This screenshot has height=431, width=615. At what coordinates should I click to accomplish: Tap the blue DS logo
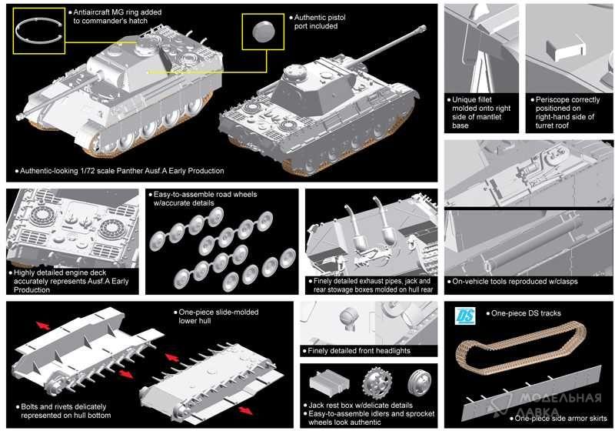coord(464,315)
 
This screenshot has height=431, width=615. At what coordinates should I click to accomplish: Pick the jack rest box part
coord(330,383)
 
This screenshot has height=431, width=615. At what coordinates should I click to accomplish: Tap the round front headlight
coord(348,317)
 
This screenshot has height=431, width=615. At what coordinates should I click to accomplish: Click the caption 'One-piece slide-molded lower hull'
coord(218,316)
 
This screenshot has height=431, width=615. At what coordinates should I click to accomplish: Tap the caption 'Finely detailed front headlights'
coord(357,351)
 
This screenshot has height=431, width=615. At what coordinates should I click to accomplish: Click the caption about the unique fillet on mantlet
coord(482,112)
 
